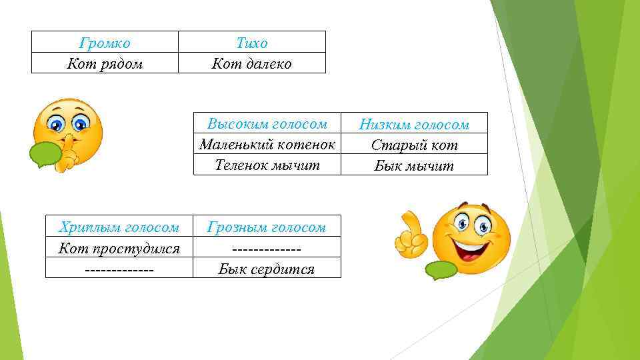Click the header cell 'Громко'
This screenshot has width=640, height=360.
coord(105,43)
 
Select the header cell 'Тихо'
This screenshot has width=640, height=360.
coord(252,43)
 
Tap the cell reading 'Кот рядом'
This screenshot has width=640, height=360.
coord(105,64)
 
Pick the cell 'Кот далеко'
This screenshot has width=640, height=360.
coord(252,64)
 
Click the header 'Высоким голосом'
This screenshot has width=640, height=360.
coord(267,124)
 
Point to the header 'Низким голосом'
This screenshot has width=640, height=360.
coord(414,125)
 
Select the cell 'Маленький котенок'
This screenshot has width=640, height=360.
coord(267,144)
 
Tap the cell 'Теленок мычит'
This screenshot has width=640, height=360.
coord(267,164)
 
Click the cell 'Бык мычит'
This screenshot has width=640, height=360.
coord(414,166)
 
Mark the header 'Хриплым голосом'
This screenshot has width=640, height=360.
coord(119,227)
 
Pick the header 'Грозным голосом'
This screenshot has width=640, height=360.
coord(267,227)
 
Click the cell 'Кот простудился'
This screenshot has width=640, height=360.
coord(119,249)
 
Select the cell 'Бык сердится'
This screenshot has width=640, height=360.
coord(267,269)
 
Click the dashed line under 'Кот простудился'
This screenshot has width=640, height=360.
coord(119,269)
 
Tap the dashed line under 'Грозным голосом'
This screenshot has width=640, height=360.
coord(267,249)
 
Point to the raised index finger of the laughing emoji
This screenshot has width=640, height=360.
coord(407,221)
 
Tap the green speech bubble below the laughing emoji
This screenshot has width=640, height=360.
coord(441,269)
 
